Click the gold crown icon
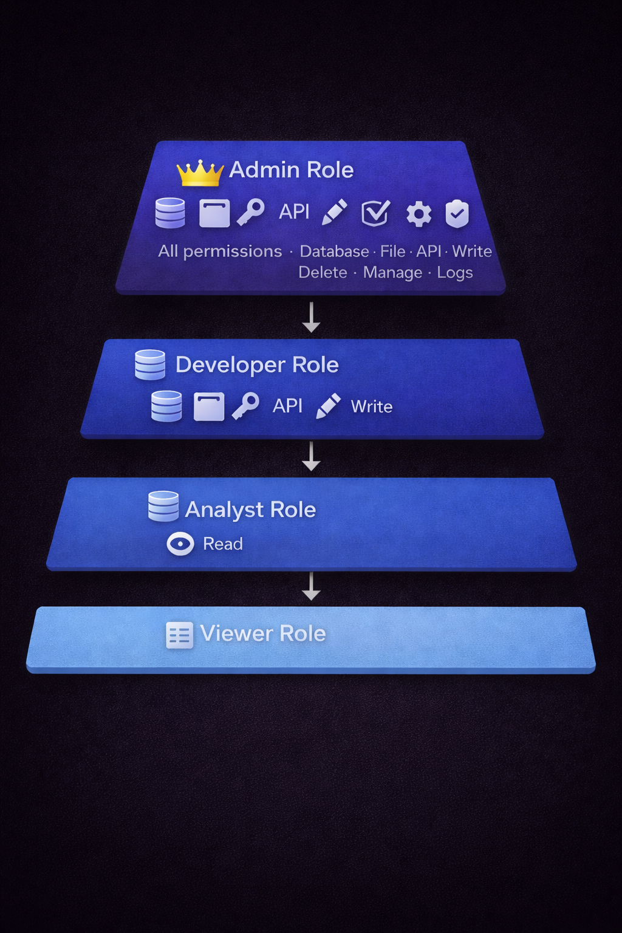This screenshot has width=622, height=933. pyautogui.click(x=199, y=173)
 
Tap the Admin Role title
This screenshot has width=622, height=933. pyautogui.click(x=291, y=170)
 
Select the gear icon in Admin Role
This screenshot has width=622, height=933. pyautogui.click(x=419, y=214)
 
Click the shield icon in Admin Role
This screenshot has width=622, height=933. pyautogui.click(x=457, y=213)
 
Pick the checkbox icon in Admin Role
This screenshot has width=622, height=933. pyautogui.click(x=375, y=213)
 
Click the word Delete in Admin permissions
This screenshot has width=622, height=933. pyautogui.click(x=323, y=273)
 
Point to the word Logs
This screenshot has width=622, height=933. pyautogui.click(x=454, y=273)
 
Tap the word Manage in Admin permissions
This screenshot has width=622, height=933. pyautogui.click(x=392, y=273)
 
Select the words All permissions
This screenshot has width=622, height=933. pyautogui.click(x=220, y=251)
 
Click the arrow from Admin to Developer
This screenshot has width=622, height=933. pyautogui.click(x=311, y=317)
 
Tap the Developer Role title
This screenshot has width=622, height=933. pyautogui.click(x=257, y=364)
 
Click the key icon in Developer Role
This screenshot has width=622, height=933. pyautogui.click(x=245, y=406)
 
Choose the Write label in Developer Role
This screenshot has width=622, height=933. pyautogui.click(x=372, y=406)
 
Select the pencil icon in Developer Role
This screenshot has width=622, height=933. pyautogui.click(x=328, y=406)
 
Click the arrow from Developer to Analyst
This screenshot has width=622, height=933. pyautogui.click(x=311, y=456)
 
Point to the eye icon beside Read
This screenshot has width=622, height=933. pyautogui.click(x=180, y=544)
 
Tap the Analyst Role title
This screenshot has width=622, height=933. pyautogui.click(x=250, y=510)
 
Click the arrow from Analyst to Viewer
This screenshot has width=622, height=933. pyautogui.click(x=311, y=586)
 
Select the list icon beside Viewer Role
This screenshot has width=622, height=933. pyautogui.click(x=179, y=635)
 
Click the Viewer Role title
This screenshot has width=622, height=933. pyautogui.click(x=263, y=634)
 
